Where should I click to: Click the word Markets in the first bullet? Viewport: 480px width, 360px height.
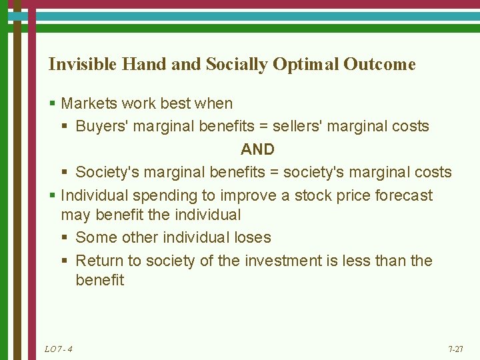coord(87,103)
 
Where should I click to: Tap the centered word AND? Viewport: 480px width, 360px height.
coord(257,149)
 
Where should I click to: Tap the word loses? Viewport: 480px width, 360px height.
coord(253,237)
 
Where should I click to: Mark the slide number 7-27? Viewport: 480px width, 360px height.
coord(457,349)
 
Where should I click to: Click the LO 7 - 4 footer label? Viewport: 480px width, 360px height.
coord(58,349)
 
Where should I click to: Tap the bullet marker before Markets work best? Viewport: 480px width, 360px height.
coord(52,104)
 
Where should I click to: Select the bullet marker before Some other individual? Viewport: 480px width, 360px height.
coord(67,238)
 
